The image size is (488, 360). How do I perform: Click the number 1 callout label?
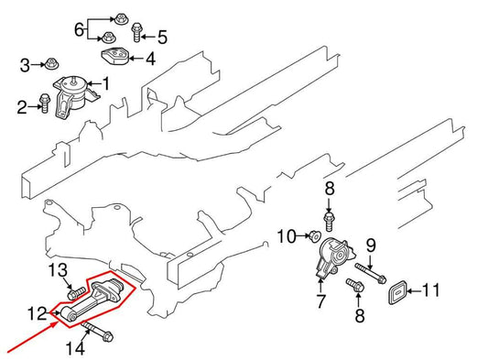105,85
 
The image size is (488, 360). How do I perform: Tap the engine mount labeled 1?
72,96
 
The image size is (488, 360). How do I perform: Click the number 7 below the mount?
320,300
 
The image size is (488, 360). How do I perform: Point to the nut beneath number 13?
66,294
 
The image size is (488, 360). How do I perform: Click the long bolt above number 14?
95,328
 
